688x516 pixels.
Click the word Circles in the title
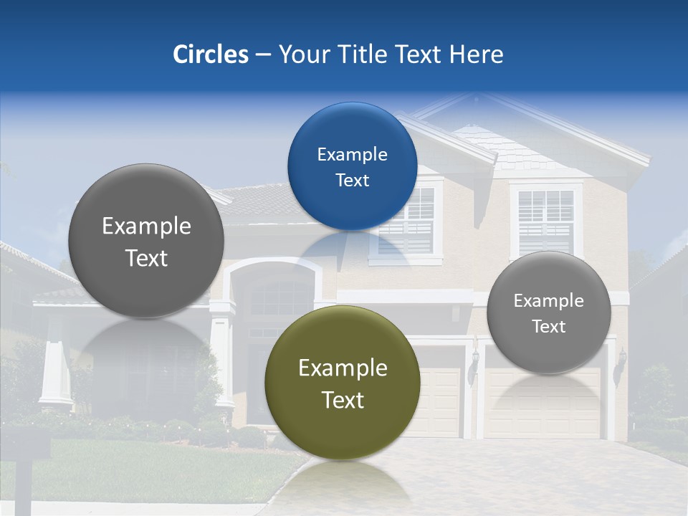pos(211,54)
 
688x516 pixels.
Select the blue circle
pos(352,166)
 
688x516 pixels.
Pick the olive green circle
pos(343,383)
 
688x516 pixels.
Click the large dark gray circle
pos(146,242)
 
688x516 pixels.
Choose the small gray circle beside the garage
pos(548,312)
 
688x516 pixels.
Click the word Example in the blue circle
pos(352,154)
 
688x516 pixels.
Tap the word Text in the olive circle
pos(343,400)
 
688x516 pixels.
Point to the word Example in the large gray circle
pos(146,226)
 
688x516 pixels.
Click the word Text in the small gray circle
pos(548,327)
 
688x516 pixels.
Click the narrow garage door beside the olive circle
pos(439,401)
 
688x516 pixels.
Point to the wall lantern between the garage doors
pos(474,358)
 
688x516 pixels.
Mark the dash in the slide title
pos(263,55)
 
